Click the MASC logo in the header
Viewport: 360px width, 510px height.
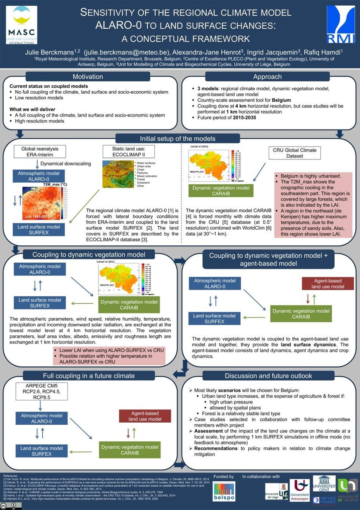pos(22,25)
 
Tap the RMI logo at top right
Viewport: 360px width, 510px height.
pos(341,24)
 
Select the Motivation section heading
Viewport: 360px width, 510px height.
pos(88,77)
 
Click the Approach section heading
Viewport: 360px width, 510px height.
pos(267,77)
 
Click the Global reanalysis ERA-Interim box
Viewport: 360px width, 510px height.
pos(40,151)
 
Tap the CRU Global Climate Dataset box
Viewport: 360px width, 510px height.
pos(295,153)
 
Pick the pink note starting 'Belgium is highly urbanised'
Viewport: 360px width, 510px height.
pos(313,205)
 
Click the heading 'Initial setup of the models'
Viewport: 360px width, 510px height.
pos(178,139)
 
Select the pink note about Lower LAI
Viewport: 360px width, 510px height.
pos(110,356)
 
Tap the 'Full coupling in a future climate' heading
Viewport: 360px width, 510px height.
pos(89,376)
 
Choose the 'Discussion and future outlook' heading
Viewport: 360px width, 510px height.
pos(268,376)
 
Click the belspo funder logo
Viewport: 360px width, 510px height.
pos(224,491)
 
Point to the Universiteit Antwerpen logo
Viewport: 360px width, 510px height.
pos(300,490)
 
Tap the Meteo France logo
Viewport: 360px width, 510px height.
pos(324,500)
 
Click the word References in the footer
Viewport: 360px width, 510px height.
pos(10,476)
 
